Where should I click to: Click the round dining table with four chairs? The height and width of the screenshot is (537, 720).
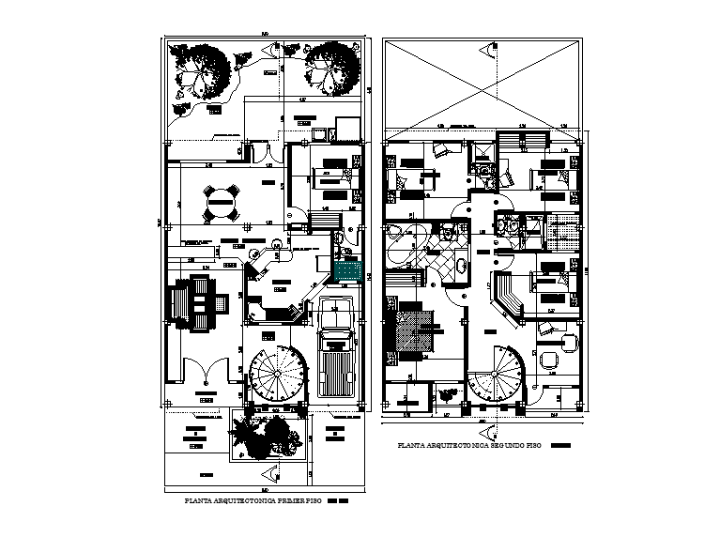(x=222, y=200)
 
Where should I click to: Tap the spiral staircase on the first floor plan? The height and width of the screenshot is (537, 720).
(x=278, y=375)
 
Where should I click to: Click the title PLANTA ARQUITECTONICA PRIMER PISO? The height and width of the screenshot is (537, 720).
(x=254, y=503)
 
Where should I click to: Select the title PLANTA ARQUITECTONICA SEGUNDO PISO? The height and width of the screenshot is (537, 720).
(x=470, y=446)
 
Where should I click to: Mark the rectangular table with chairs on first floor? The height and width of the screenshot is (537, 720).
(x=196, y=302)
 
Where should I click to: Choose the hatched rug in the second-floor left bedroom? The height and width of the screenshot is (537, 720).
(x=415, y=331)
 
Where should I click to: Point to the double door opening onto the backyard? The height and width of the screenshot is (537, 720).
(x=268, y=151)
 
